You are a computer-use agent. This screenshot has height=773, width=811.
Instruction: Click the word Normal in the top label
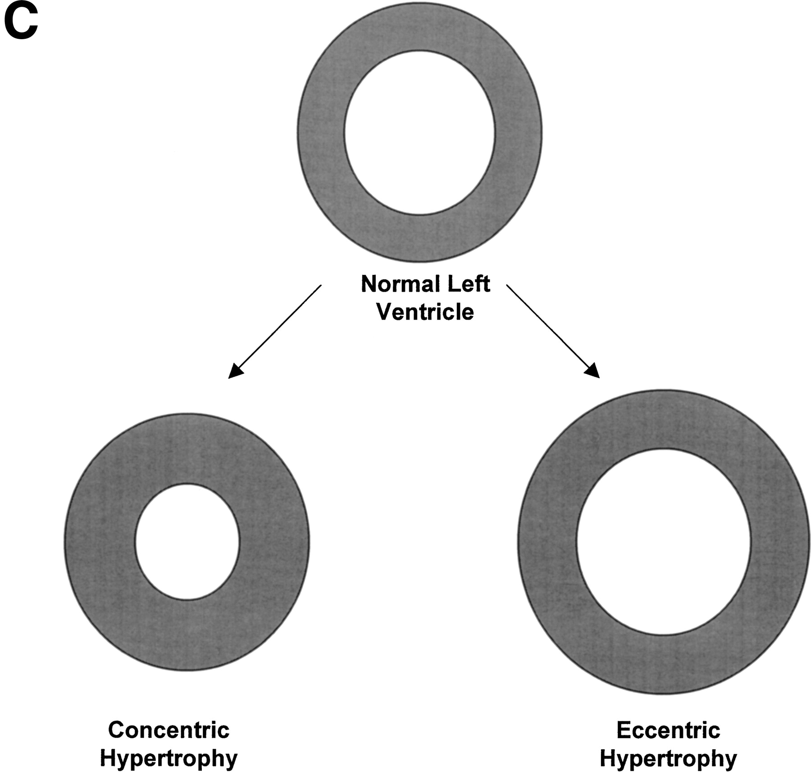click(394, 284)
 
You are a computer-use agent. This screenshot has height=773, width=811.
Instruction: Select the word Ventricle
click(425, 312)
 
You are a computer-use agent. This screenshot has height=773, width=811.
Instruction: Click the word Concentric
click(169, 730)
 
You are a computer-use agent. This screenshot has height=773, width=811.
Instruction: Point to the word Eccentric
click(668, 730)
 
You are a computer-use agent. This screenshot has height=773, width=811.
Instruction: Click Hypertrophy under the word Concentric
click(169, 758)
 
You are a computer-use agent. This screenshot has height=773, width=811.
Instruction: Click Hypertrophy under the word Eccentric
click(668, 758)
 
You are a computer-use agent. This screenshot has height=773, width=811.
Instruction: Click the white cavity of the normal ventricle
click(419, 133)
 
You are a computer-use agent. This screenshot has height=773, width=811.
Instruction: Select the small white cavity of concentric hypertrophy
click(187, 541)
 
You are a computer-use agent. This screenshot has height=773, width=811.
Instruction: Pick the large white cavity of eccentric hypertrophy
click(664, 541)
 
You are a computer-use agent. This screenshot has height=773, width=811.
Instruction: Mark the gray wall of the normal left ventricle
click(321, 133)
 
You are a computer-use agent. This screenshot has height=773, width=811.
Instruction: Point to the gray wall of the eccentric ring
click(547, 541)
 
